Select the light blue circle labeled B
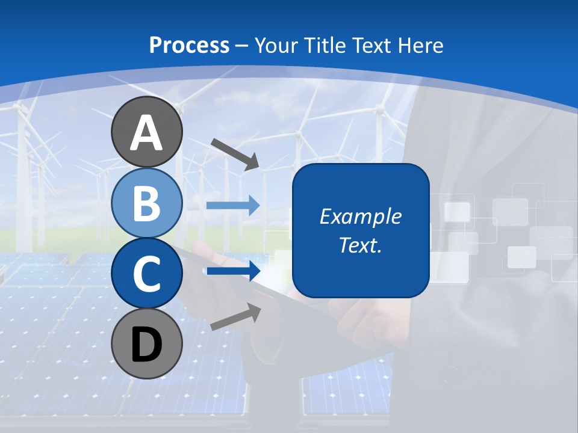coord(146,203)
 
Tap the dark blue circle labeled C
coord(146,273)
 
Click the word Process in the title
coord(189,46)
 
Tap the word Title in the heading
coord(326,46)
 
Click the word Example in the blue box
coord(361,216)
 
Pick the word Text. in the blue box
coord(361,245)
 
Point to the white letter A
coord(146,133)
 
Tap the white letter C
coord(146,274)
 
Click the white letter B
coord(146,204)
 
